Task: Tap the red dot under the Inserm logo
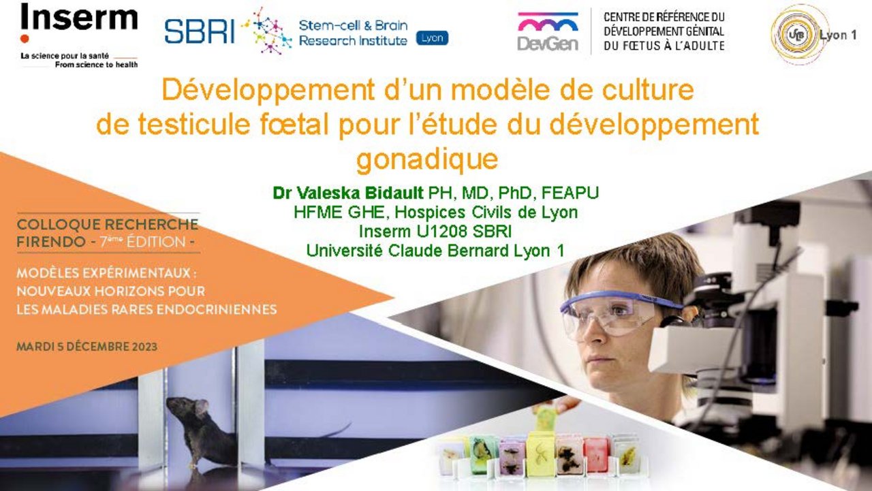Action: click(25, 39)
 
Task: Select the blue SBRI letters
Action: click(200, 31)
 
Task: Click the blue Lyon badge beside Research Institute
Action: click(432, 38)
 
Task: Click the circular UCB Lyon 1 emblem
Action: click(799, 34)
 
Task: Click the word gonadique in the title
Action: click(427, 159)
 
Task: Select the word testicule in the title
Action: click(194, 124)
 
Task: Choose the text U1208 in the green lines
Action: click(442, 231)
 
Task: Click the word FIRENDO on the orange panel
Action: click(51, 242)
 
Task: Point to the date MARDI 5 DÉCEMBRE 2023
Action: click(87, 346)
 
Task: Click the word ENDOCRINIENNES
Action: click(217, 310)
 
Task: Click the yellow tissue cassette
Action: click(541, 454)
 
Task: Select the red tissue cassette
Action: click(595, 454)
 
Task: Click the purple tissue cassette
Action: click(512, 457)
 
